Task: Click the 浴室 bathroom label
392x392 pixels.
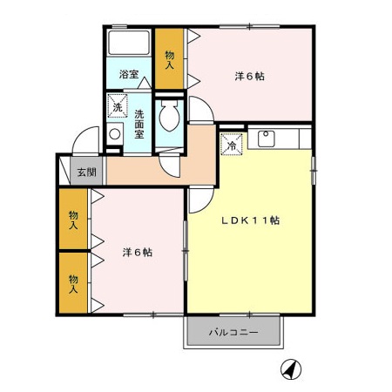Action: tap(129, 74)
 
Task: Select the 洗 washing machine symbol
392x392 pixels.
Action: tap(117, 108)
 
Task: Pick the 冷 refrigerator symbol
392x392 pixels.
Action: tap(232, 145)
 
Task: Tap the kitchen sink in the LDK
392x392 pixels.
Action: tap(266, 139)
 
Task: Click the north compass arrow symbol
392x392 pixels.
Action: tap(290, 369)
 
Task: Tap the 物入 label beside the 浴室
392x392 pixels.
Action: tap(169, 59)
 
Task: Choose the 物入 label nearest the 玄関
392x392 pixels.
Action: tap(75, 219)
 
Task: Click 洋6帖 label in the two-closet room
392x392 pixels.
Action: tap(138, 253)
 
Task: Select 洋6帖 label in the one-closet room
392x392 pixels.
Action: tap(249, 77)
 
